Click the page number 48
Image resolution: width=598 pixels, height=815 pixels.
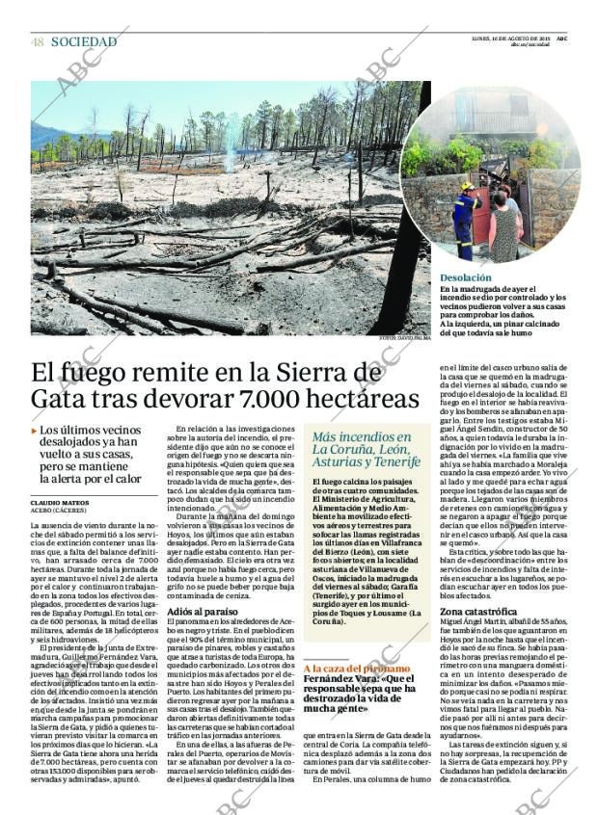point(37,41)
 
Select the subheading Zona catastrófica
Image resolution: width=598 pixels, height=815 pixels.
point(478,612)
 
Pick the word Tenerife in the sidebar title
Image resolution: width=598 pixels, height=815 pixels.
point(393,461)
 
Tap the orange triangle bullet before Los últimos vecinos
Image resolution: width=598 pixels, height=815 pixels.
point(34,431)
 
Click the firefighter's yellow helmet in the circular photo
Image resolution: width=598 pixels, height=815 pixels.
point(468,187)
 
